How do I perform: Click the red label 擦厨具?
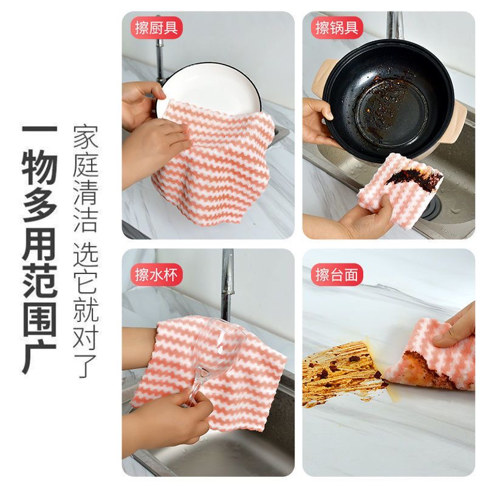pyautogui.click(x=157, y=28)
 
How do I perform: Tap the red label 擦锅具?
pyautogui.click(x=338, y=28)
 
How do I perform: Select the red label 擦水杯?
pyautogui.click(x=157, y=274)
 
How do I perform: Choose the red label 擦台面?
pyautogui.click(x=338, y=274)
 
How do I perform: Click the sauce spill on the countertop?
pyautogui.click(x=340, y=371)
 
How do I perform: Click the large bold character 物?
pyautogui.click(x=39, y=173)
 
